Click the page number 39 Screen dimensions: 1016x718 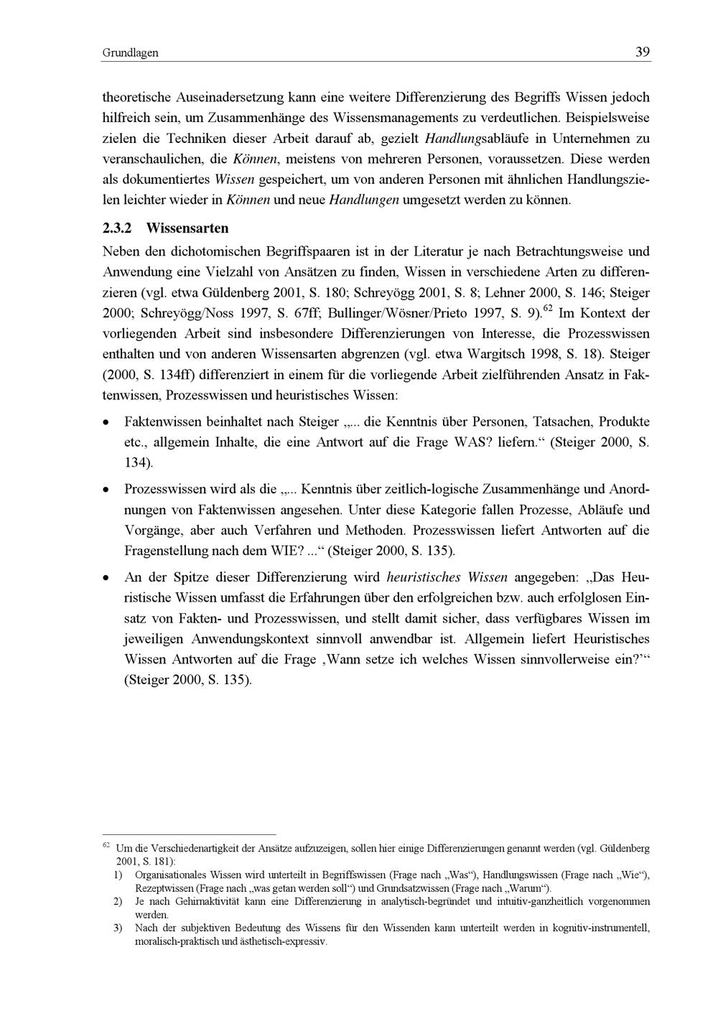642,52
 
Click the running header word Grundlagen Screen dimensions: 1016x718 130,53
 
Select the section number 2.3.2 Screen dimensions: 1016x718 118,228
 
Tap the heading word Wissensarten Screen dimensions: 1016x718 187,228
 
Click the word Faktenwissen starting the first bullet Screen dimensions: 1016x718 163,421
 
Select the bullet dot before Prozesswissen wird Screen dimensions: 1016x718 106,490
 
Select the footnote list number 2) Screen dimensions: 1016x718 118,901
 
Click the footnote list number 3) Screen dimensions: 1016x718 118,928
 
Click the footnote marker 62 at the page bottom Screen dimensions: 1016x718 106,845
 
